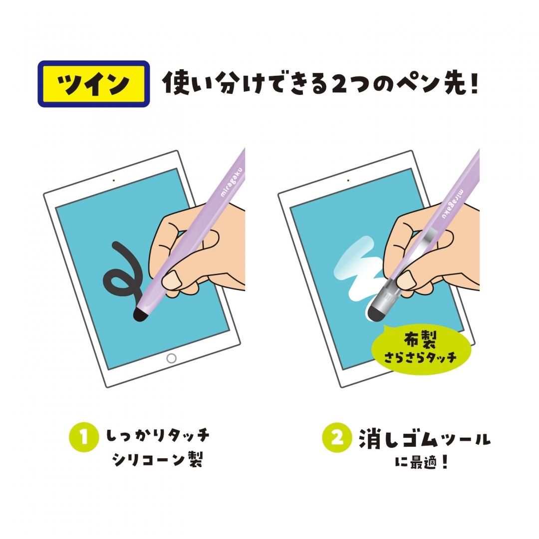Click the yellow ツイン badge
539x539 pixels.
point(94,84)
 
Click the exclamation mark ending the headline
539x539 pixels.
point(473,84)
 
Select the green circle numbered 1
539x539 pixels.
point(83,437)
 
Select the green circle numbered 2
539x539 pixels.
point(337,438)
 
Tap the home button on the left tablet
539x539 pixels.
point(171,358)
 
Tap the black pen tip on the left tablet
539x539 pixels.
point(140,314)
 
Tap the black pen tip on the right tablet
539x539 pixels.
point(374,313)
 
